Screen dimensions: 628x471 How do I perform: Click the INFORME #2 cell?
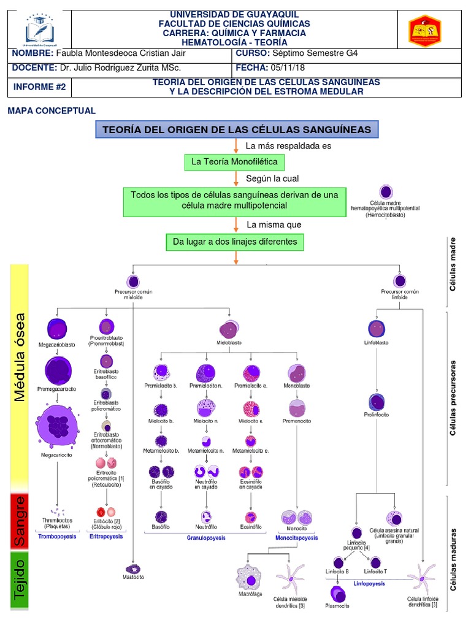pos(39,86)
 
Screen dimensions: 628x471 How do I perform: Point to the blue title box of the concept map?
pos(237,129)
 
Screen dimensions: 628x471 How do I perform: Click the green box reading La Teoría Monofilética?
pos(235,162)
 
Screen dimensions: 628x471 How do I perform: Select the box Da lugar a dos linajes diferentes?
pos(235,242)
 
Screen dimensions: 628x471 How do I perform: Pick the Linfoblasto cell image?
pos(377,329)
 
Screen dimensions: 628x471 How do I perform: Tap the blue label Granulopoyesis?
pos(206,538)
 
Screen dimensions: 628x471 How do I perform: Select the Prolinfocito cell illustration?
pos(377,402)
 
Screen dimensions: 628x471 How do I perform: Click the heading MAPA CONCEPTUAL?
pos(52,111)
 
